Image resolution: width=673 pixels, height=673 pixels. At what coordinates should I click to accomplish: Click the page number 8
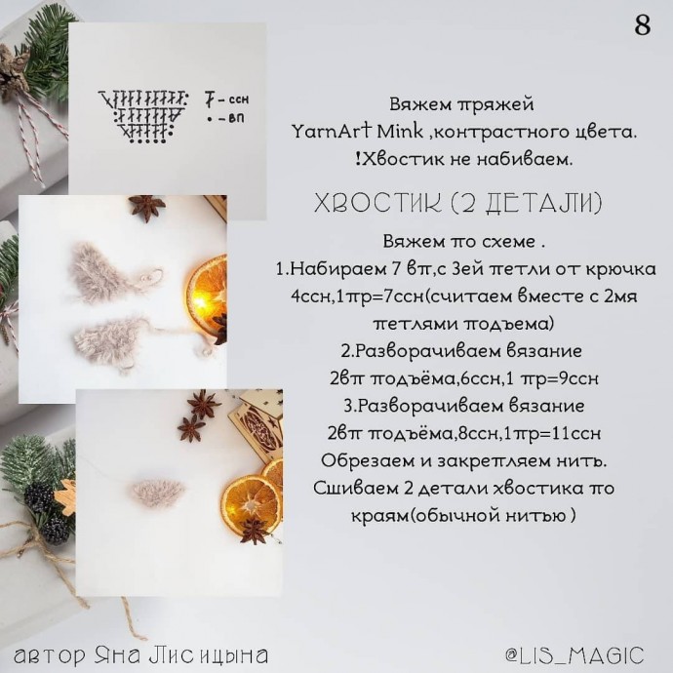(642, 25)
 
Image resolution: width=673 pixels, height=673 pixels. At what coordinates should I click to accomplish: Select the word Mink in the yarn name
(400, 132)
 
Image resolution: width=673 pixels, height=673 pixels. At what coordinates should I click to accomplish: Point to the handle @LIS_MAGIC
(575, 655)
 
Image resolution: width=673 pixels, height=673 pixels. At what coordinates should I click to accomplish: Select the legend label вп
(236, 118)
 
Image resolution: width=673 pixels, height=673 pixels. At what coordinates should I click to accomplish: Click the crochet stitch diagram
(143, 116)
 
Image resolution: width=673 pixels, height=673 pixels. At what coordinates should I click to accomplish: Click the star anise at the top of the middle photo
(146, 207)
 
